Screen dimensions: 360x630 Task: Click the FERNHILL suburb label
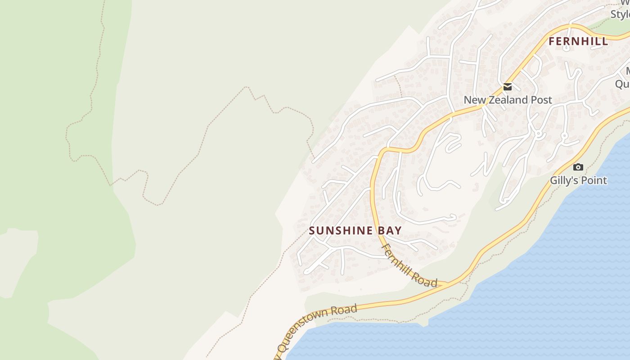pos(578,41)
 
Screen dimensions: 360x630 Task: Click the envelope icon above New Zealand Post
pos(508,87)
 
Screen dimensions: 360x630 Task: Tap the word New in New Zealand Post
pos(474,100)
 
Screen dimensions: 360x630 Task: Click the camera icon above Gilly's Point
pos(578,167)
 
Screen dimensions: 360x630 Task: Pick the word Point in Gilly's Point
pos(594,180)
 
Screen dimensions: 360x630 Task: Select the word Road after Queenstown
pos(344,310)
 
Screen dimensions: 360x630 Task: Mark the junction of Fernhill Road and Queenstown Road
pos(447,283)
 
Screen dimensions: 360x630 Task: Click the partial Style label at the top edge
pos(621,14)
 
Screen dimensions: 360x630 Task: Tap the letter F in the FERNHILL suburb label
pos(552,41)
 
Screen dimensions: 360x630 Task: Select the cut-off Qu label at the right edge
pos(622,84)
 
